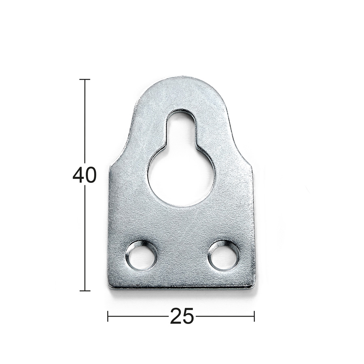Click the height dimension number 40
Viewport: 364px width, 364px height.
point(85,176)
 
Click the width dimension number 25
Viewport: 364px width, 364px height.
point(182,316)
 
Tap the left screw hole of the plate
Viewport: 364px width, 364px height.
point(141,256)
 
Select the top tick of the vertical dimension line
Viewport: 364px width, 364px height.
point(85,80)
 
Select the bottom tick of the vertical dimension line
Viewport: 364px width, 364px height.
point(85,290)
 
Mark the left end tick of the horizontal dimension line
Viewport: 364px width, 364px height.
point(108,316)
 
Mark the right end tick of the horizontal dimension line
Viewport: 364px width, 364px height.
point(254,316)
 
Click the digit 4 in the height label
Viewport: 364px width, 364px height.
point(78,176)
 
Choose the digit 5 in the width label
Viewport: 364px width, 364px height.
point(188,316)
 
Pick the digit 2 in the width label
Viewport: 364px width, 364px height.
point(176,316)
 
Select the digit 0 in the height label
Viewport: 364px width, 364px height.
point(91,176)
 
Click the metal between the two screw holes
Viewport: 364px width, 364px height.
point(182,257)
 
